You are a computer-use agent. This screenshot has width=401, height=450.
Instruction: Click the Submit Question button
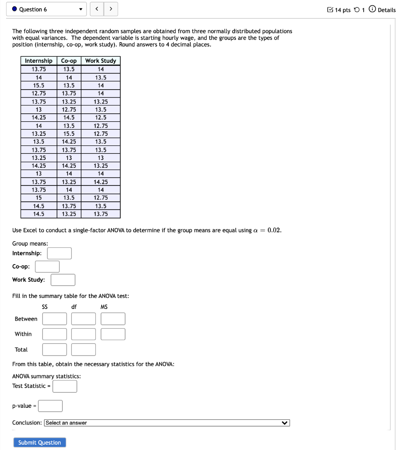click(40, 443)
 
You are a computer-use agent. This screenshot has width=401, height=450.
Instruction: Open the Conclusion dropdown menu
click(167, 423)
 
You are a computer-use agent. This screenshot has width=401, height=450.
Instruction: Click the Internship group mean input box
click(59, 254)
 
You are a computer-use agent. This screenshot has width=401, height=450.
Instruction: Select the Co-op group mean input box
click(47, 267)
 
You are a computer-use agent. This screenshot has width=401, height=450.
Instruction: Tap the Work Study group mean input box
click(63, 280)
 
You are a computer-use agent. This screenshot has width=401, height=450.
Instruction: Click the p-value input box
click(50, 406)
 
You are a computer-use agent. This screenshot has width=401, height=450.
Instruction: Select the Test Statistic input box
click(65, 386)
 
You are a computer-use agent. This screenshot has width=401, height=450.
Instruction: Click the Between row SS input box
click(54, 319)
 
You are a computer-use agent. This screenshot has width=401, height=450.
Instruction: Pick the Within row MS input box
click(113, 334)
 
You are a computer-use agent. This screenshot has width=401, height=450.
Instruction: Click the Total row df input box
click(83, 350)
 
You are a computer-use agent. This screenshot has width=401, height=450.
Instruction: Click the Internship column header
click(39, 61)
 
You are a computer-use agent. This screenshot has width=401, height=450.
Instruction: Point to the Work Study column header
click(101, 61)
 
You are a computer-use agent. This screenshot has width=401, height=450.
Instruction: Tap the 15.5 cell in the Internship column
click(39, 85)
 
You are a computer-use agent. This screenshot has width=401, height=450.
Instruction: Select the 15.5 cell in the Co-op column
click(69, 134)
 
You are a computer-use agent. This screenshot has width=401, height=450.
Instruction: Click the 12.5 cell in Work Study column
click(101, 117)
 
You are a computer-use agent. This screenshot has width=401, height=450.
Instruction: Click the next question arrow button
click(111, 9)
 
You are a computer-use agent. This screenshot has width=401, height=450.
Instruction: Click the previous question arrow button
click(97, 9)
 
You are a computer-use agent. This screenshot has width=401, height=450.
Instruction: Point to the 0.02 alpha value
click(274, 230)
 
